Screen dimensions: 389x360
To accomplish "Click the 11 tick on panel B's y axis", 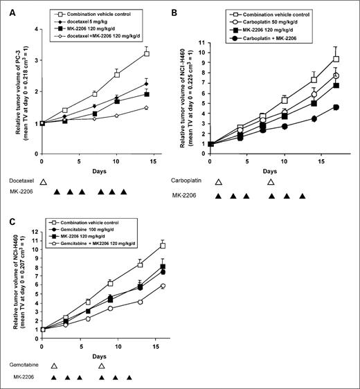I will [213, 43].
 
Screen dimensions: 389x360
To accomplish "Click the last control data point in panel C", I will [163, 246].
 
